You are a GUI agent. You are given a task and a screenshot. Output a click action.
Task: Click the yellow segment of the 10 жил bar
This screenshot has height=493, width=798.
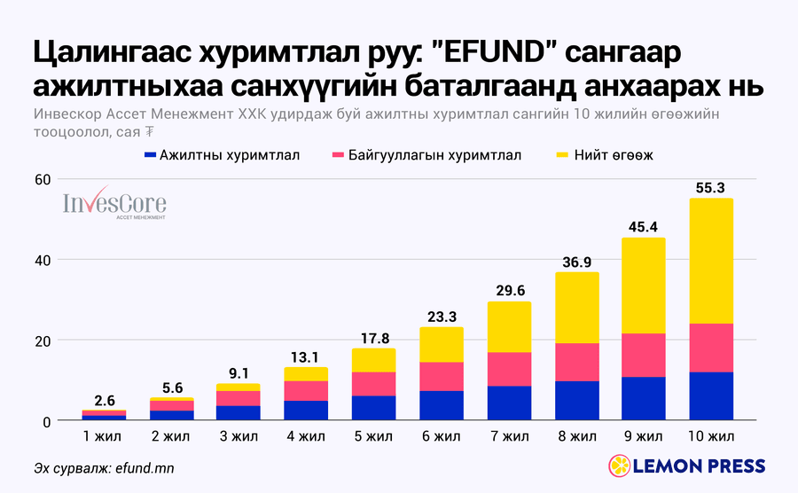[711, 261]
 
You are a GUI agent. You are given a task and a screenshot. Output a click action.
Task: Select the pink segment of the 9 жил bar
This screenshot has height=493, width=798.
[644, 356]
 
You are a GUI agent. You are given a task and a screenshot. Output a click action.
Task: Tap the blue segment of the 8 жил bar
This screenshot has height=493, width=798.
[577, 401]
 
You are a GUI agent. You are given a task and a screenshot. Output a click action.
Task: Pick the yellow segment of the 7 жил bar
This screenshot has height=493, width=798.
[510, 327]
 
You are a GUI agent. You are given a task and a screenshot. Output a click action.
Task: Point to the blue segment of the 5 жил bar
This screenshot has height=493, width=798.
[373, 408]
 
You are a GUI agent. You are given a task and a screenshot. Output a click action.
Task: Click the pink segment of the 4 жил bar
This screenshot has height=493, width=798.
[306, 391]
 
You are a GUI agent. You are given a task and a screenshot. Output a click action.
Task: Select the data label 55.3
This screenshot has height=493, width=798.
[710, 188]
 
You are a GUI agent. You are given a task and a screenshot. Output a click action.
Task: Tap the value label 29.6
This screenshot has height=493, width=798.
[511, 291]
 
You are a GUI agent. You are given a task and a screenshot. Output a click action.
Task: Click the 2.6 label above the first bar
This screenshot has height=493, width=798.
[105, 401]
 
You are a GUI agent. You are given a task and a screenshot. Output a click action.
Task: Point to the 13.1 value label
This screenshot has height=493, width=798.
[305, 357]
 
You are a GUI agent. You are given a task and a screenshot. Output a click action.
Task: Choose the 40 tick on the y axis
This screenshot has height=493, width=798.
[43, 261]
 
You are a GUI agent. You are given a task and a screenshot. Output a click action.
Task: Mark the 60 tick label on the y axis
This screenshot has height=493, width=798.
[43, 180]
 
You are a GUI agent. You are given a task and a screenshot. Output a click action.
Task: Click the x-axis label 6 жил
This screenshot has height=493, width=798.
[442, 436]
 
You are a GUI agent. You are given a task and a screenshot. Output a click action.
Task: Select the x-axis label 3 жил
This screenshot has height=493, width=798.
[239, 436]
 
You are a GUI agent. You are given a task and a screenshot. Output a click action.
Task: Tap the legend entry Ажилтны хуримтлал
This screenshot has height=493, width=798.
[222, 155]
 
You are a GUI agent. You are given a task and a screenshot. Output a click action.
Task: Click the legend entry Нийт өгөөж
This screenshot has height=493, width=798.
[605, 155]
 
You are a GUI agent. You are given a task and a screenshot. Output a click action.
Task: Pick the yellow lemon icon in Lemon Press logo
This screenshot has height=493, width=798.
[620, 466]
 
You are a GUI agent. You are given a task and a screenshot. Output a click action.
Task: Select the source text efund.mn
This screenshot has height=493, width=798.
[145, 468]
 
